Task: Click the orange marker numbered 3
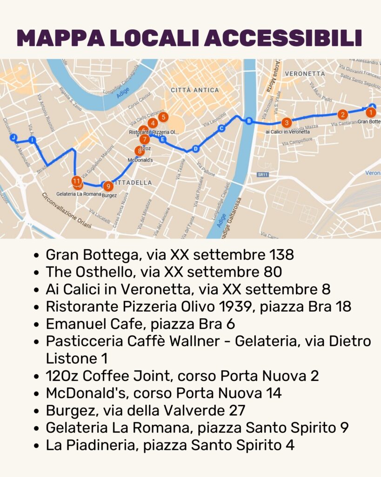click(x=287, y=123)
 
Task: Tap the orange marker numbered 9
click(x=108, y=186)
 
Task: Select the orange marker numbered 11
click(x=77, y=181)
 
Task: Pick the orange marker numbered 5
click(x=163, y=117)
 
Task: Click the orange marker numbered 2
click(x=342, y=114)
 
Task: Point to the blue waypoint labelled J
click(x=14, y=137)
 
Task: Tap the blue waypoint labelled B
click(x=248, y=122)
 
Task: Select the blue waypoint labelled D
click(x=195, y=149)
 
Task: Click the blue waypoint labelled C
click(x=221, y=129)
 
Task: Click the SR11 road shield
click(x=263, y=175)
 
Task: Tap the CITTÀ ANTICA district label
click(x=194, y=90)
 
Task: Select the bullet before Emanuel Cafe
click(x=37, y=324)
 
